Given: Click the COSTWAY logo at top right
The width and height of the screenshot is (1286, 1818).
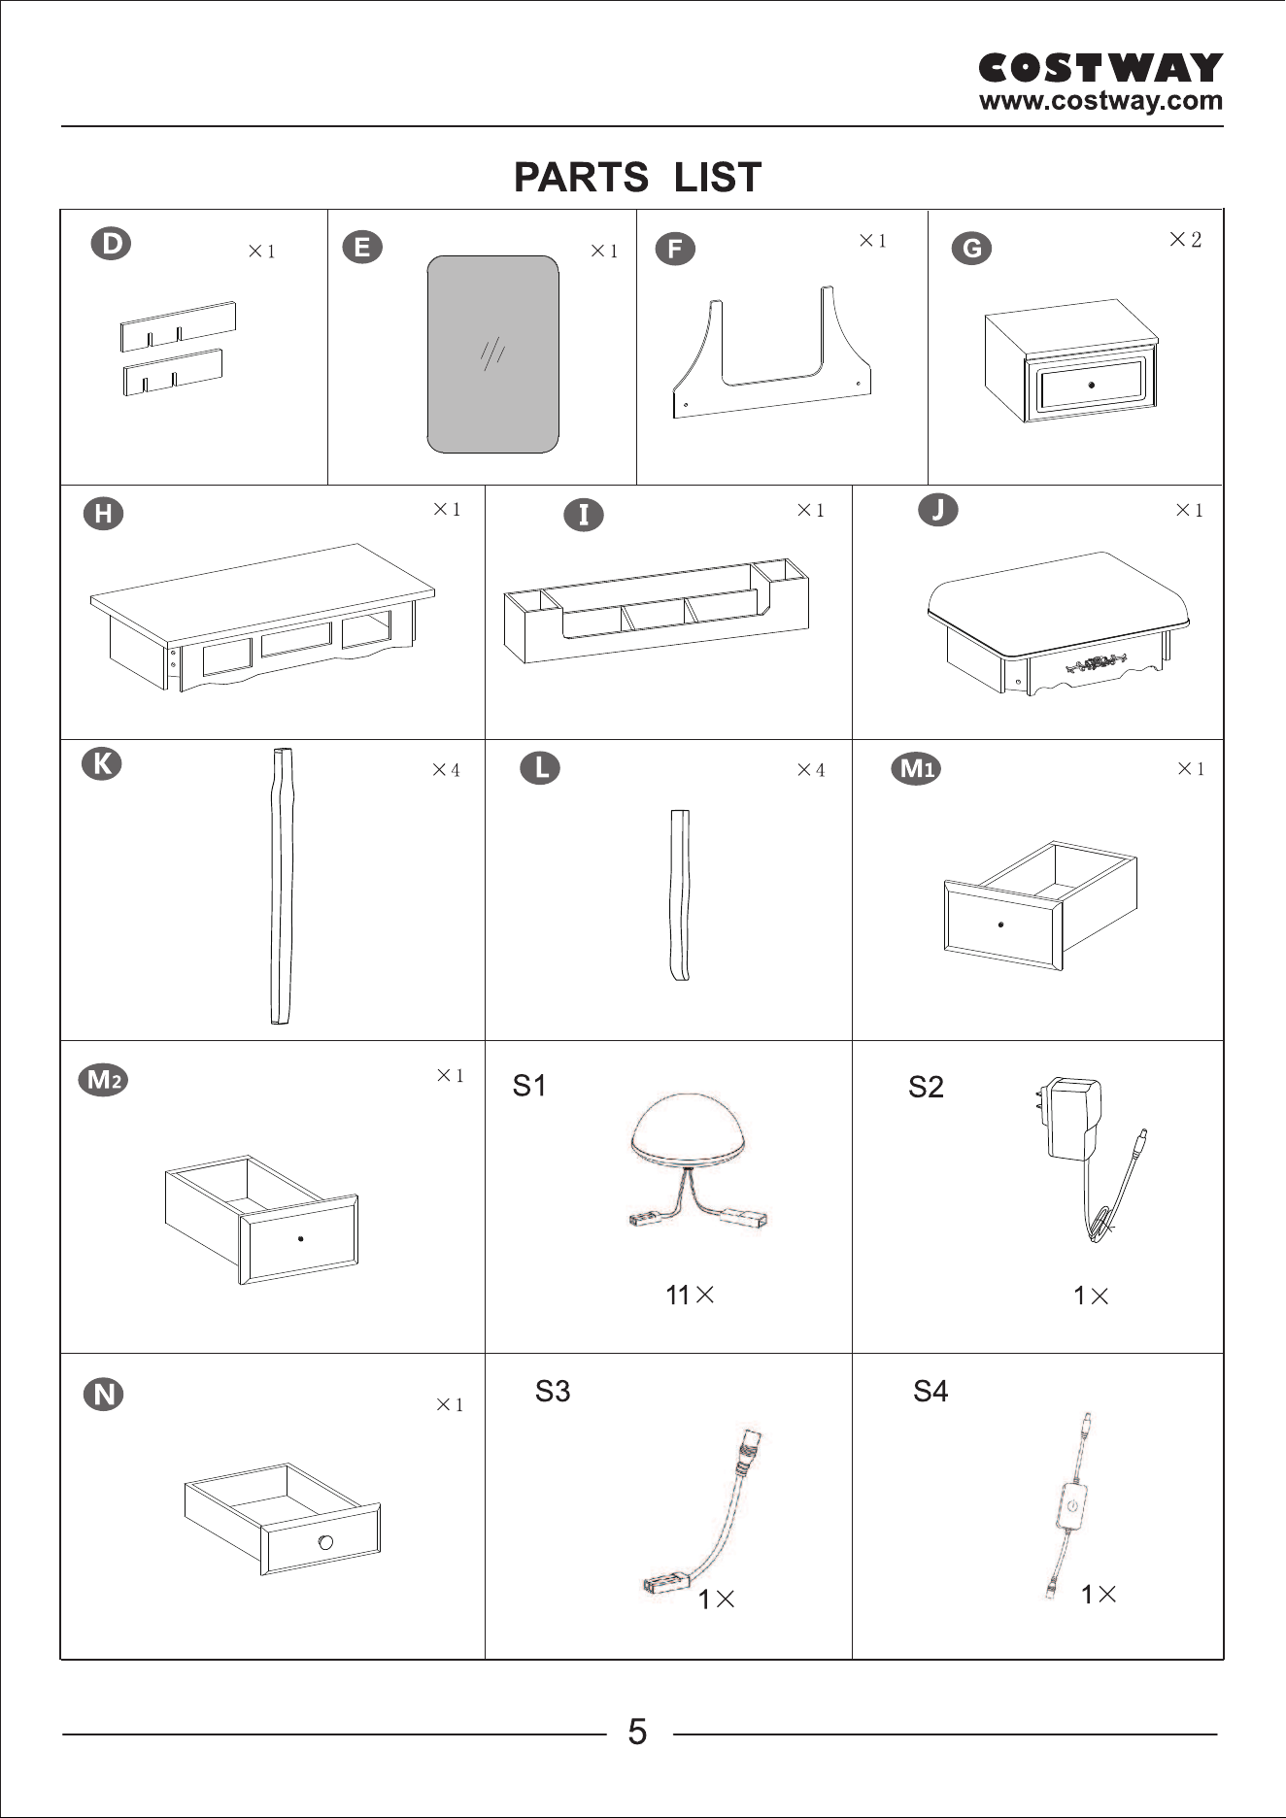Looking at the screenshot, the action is pyautogui.click(x=1100, y=68).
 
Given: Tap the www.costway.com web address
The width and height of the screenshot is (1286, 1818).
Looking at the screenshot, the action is pyautogui.click(x=1100, y=101).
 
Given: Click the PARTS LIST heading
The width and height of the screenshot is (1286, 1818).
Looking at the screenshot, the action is pyautogui.click(x=637, y=178).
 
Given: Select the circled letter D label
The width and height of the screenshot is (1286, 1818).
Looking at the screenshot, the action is pyautogui.click(x=111, y=243).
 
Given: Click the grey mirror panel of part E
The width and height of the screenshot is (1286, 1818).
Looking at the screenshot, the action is pyautogui.click(x=493, y=354).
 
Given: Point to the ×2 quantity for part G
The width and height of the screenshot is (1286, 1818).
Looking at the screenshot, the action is pyautogui.click(x=1185, y=239).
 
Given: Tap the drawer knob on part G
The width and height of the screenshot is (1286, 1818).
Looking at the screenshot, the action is pyautogui.click(x=1092, y=385).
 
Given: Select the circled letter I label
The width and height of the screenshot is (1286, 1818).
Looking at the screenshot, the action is pyautogui.click(x=584, y=514).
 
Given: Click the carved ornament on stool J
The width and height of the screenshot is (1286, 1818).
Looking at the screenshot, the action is pyautogui.click(x=1099, y=664).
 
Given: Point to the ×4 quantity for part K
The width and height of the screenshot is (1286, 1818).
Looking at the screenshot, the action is pyautogui.click(x=446, y=770).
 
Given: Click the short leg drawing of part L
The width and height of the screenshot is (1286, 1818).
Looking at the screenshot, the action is pyautogui.click(x=680, y=895).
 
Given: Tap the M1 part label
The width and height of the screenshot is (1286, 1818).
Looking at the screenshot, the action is pyautogui.click(x=916, y=769).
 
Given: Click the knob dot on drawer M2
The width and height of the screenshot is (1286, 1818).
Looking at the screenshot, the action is pyautogui.click(x=300, y=1238).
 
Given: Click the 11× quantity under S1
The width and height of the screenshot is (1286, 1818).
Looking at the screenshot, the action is pyautogui.click(x=690, y=1295).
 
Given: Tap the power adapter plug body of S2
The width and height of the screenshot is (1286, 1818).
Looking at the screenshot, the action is pyautogui.click(x=1073, y=1118).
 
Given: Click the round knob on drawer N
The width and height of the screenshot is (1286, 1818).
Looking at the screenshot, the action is pyautogui.click(x=325, y=1542).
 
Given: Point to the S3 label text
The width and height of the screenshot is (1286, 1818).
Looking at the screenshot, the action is pyautogui.click(x=553, y=1392).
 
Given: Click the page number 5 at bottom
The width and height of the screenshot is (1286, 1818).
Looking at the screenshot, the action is pyautogui.click(x=637, y=1732).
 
